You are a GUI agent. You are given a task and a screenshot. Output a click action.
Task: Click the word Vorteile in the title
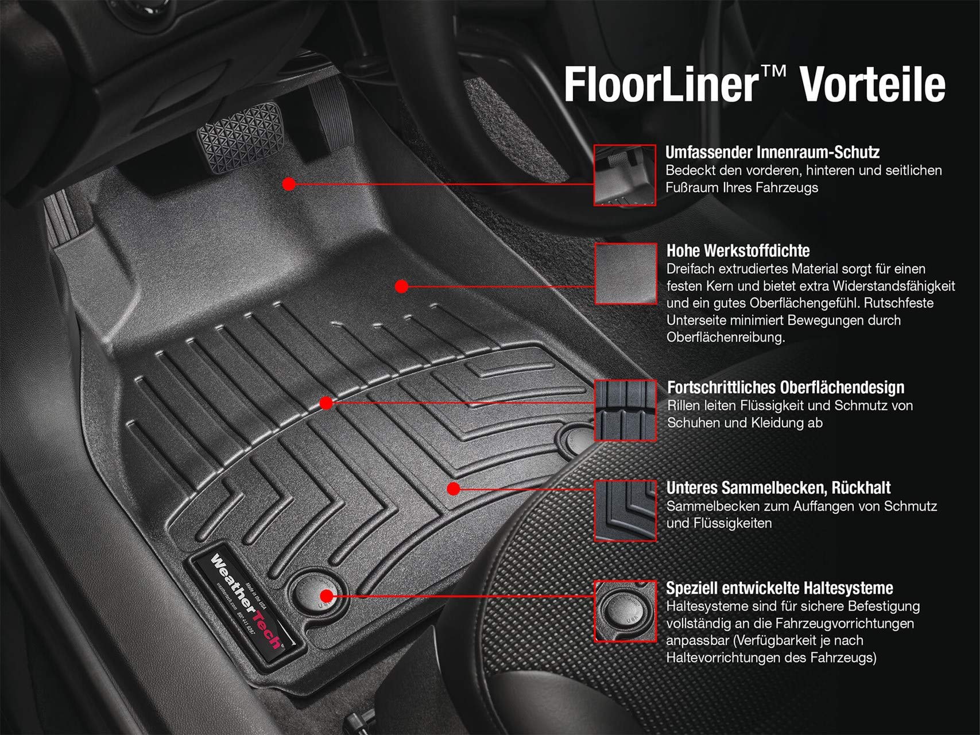pos(872,84)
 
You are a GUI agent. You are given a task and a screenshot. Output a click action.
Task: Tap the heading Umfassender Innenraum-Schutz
pos(772,152)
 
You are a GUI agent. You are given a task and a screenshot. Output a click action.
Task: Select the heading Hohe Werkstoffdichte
pos(738,250)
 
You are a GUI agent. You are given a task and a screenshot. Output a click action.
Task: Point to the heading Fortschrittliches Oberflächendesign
pos(785,388)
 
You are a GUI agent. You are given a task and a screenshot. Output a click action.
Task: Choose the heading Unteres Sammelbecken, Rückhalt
pos(778,488)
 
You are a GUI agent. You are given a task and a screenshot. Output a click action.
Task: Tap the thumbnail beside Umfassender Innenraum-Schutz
pos(625,175)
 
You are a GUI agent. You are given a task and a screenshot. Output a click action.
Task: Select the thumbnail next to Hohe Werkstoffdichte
pos(625,273)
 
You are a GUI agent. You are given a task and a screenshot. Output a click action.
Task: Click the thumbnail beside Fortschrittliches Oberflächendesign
pos(625,410)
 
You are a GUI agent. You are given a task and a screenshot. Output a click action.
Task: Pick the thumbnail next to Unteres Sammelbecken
pos(625,510)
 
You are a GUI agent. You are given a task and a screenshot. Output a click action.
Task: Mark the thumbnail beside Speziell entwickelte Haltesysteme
pos(625,610)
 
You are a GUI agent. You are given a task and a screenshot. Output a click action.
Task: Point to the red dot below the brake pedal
pos(289,184)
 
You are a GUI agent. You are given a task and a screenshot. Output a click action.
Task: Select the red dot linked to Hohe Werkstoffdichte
pos(401,285)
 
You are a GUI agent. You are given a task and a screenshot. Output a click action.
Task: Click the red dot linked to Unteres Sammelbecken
pos(454,489)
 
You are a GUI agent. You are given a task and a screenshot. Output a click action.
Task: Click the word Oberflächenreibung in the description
pos(725,337)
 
